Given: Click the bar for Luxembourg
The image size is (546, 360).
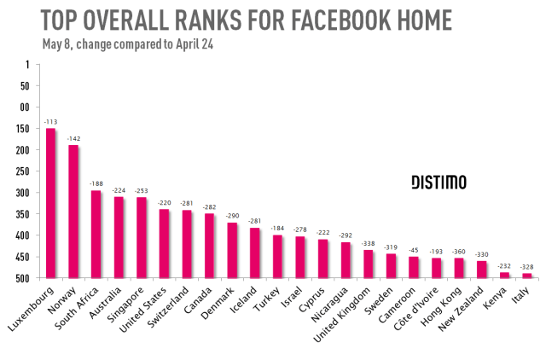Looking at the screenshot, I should tap(50, 203).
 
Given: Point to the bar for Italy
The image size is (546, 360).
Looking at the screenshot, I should tap(503, 276).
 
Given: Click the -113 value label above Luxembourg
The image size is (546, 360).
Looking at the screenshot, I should tap(50, 122).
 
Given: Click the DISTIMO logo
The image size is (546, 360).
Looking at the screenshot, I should tap(439, 183).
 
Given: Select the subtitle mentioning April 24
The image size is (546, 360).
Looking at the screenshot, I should tap(126, 44).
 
